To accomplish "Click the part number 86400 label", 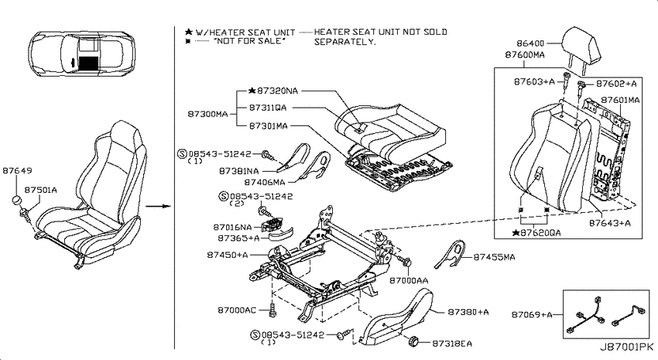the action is (x=530, y=43).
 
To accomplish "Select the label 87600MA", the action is (x=525, y=55).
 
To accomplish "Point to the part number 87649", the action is (x=17, y=170).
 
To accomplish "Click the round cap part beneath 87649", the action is (x=17, y=200).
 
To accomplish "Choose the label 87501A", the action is (x=41, y=190).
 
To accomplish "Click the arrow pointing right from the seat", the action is (x=158, y=206).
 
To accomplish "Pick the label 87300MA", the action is (x=207, y=114).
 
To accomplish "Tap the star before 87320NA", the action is (x=252, y=91).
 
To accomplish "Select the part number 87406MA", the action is (x=265, y=182).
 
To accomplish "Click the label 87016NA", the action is (x=232, y=228).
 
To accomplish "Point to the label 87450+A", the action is (x=228, y=255).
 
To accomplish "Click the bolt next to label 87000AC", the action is (x=272, y=310).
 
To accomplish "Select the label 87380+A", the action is (x=468, y=312).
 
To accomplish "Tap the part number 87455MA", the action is (x=495, y=257).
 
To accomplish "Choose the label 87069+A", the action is (x=532, y=314).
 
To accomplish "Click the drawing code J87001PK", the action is (x=626, y=347).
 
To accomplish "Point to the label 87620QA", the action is (x=540, y=232).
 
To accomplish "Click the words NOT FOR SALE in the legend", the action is (x=249, y=41).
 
